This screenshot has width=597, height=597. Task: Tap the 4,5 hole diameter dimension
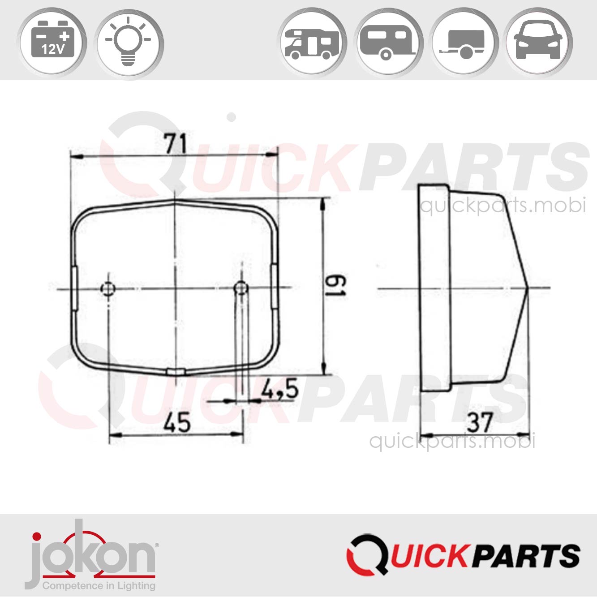[x=280, y=389]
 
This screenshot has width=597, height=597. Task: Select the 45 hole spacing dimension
[x=177, y=422]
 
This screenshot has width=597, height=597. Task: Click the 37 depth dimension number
[x=480, y=422]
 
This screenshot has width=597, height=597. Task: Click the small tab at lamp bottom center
[x=176, y=372]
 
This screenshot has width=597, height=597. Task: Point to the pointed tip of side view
[x=528, y=288]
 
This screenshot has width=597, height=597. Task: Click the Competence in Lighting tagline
[x=99, y=586]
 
